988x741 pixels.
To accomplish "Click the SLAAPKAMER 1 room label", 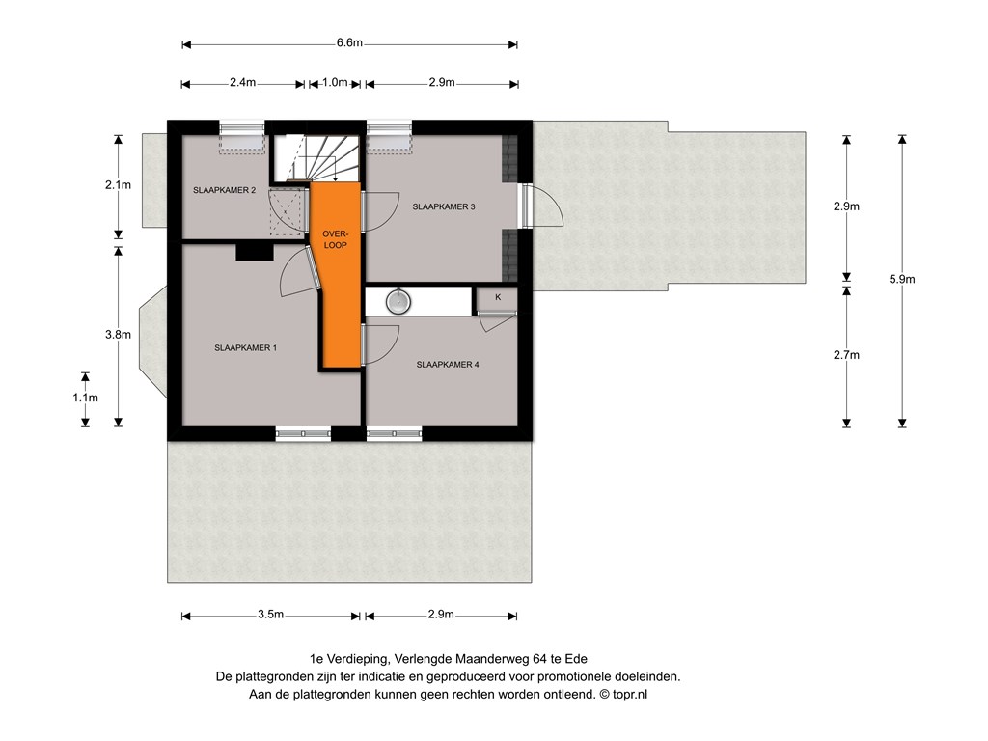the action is (246, 347).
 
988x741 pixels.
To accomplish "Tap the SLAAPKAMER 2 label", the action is (224, 190).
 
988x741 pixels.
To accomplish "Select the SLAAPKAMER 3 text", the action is (444, 206).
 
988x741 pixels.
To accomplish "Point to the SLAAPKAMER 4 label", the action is (448, 364).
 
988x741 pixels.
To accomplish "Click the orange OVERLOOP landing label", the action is (335, 239).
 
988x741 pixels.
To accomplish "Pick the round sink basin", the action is (398, 301).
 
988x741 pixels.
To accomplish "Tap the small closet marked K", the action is (497, 299).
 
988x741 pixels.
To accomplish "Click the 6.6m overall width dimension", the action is (349, 43).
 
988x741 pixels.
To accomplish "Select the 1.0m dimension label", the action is (335, 83).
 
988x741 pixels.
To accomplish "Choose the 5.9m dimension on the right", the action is (902, 280).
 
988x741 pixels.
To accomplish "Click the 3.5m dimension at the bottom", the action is (270, 615).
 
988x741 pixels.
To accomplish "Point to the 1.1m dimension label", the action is (85, 398).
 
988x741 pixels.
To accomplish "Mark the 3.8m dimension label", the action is (118, 335).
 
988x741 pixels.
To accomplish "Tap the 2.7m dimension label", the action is (846, 355).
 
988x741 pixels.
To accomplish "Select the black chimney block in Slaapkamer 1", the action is (255, 252).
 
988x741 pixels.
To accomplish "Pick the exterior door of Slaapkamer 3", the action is (535, 206).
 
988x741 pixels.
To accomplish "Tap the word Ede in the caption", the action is (576, 659).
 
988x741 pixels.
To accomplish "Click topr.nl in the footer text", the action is (630, 695).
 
